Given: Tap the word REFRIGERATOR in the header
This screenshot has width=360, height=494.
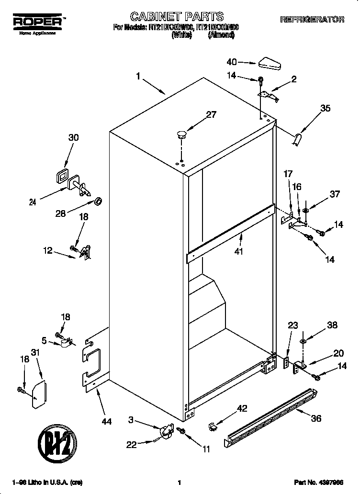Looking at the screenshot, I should (x=312, y=20).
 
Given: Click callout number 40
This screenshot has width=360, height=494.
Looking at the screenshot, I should (x=232, y=61).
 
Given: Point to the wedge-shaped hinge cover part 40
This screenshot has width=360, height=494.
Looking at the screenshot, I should (x=270, y=63).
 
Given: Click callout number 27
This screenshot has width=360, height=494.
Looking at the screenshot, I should (x=211, y=114).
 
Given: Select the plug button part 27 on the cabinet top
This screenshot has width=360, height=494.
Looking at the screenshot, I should (x=181, y=134).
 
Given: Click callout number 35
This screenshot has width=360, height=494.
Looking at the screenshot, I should (x=325, y=108).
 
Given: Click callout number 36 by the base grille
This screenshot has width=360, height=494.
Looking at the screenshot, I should (x=316, y=418).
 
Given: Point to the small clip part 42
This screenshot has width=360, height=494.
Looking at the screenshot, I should (x=213, y=425).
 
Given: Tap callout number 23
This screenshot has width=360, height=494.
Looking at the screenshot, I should (x=293, y=326).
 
